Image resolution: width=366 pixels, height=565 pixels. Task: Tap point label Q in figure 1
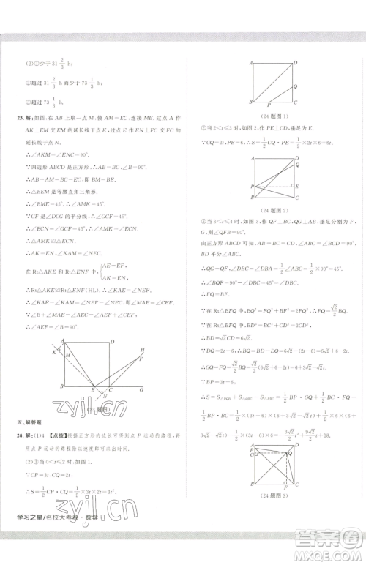click(294, 85)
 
